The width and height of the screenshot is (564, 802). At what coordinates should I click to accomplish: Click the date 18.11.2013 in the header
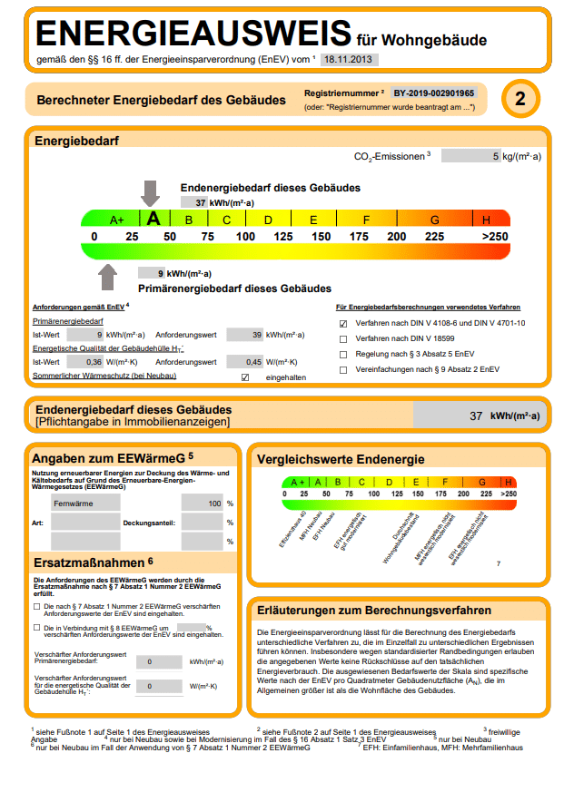click(x=349, y=60)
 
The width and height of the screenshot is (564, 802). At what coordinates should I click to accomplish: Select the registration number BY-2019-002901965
click(x=434, y=93)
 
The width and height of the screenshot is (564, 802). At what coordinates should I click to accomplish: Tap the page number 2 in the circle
click(x=520, y=99)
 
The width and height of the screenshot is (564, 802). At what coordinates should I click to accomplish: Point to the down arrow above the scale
click(x=150, y=192)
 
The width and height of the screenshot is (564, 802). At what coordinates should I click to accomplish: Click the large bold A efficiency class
click(x=153, y=219)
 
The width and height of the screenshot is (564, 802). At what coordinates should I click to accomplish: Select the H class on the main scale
click(x=487, y=220)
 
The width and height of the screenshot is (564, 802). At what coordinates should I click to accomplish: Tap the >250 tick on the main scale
click(x=495, y=237)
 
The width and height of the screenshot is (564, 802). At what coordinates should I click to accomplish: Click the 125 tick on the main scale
click(x=283, y=237)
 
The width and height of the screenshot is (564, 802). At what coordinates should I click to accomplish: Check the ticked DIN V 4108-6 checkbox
click(x=343, y=323)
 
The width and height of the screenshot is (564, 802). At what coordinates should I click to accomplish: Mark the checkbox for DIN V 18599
click(x=343, y=338)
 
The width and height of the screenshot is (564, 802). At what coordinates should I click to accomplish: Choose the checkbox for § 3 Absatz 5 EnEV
click(x=343, y=354)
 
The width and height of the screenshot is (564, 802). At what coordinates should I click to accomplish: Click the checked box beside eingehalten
click(x=245, y=377)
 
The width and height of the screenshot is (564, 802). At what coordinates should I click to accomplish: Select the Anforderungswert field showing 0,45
click(x=244, y=362)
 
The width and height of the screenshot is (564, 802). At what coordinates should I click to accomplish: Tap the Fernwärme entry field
click(x=84, y=503)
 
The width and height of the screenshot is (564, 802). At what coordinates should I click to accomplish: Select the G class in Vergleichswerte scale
click(x=481, y=482)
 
